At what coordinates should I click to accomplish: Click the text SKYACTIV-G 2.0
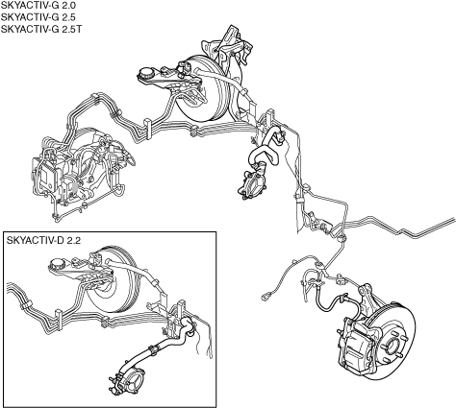click(x=38, y=5)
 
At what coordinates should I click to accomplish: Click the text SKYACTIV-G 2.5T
click(x=41, y=29)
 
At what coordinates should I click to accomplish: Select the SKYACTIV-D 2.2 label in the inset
click(x=43, y=240)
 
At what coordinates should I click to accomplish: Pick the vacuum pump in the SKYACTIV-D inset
click(x=129, y=383)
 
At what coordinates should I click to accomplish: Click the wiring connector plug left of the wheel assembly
click(x=265, y=297)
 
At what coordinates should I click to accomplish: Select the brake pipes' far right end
click(x=454, y=220)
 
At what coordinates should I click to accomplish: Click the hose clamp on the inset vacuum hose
click(x=153, y=349)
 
